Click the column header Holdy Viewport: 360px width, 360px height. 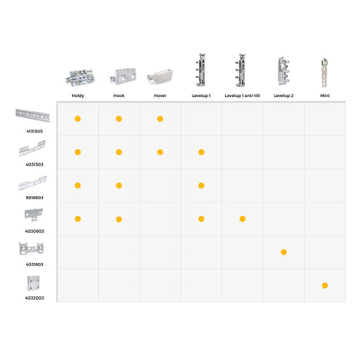tap(78, 95)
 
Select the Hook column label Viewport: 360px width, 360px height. tap(119, 95)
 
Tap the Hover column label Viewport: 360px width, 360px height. tap(160, 95)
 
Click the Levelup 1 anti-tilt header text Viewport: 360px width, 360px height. tap(242, 95)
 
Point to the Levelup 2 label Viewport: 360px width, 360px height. tap(284, 95)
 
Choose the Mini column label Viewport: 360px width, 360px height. tap(325, 95)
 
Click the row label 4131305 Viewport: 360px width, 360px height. tap(34, 131)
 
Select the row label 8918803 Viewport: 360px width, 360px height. tap(34, 198)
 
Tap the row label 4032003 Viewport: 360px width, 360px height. tap(34, 298)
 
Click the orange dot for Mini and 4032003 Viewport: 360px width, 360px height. tap(325, 285)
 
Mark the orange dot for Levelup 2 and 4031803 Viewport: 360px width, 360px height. tap(284, 252)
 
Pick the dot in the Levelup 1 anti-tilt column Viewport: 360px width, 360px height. tap(243, 219)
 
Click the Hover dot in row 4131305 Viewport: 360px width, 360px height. tap(160, 119)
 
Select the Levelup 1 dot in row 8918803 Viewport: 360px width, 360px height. tap(201, 186)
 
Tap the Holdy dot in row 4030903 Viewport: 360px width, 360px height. tap(78, 219)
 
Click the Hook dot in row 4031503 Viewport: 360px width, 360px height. tap(119, 152)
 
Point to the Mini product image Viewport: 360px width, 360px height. tap(324, 73)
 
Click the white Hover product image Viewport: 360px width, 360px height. tap(160, 77)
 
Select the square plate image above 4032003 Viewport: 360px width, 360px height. tap(33, 283)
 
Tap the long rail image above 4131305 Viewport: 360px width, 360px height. tap(33, 116)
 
